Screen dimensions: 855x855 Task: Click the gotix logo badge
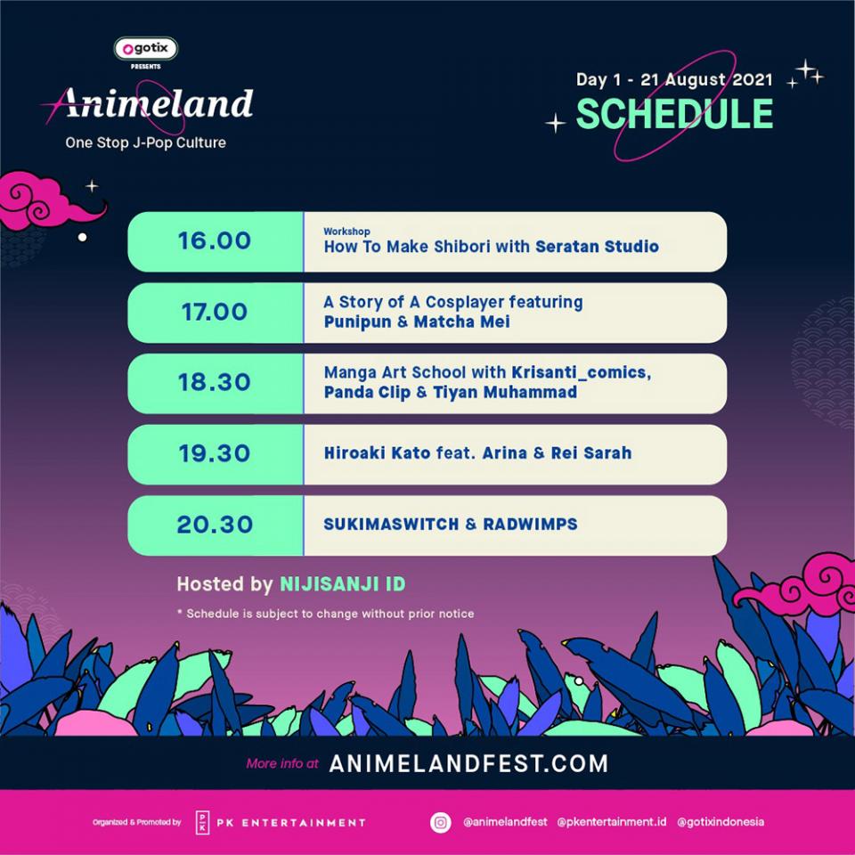click(145, 48)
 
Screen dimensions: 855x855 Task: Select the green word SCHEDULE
click(674, 114)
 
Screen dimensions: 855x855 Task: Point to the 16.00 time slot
click(215, 240)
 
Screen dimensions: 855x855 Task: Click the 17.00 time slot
click(215, 312)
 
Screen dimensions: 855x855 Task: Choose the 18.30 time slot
click(215, 382)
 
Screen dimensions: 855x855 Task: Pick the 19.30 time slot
click(215, 453)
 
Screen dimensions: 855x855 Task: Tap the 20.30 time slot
click(215, 524)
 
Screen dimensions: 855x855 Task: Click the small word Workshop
click(346, 232)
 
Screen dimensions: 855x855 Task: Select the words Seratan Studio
click(597, 247)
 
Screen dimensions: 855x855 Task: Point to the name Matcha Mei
click(462, 322)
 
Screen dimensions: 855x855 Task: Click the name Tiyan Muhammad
click(505, 392)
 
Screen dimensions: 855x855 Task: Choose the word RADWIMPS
click(530, 524)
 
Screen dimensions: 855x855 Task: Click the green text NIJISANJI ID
click(342, 584)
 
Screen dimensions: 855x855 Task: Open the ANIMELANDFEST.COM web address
click(468, 763)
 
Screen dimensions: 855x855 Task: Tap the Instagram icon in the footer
click(441, 822)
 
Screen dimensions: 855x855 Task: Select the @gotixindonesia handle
click(721, 822)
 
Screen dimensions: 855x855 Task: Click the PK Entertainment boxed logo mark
click(202, 822)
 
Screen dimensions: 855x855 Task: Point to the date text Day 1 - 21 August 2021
click(674, 79)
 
